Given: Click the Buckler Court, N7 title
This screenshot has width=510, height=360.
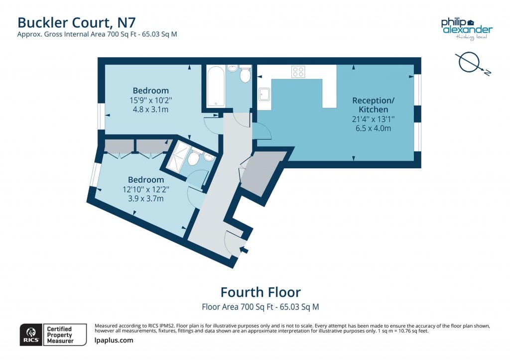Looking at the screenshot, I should (76, 22).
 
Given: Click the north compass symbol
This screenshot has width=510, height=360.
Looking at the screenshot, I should (471, 63).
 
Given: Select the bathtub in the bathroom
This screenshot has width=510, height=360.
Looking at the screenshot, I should (215, 87).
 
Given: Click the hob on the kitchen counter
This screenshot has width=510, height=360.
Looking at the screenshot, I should (298, 72).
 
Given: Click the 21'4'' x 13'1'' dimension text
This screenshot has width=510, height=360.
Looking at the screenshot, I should (370, 119).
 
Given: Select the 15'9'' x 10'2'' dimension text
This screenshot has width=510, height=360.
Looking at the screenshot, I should (150, 100).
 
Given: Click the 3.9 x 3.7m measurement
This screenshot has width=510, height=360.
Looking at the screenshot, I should (145, 198).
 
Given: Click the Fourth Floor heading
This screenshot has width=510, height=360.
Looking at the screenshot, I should (260, 292).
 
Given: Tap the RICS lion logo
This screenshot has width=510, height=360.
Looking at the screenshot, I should (30, 334).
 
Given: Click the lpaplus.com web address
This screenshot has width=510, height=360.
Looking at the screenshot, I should (114, 341).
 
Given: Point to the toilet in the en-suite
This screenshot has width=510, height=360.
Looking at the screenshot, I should (194, 158).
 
